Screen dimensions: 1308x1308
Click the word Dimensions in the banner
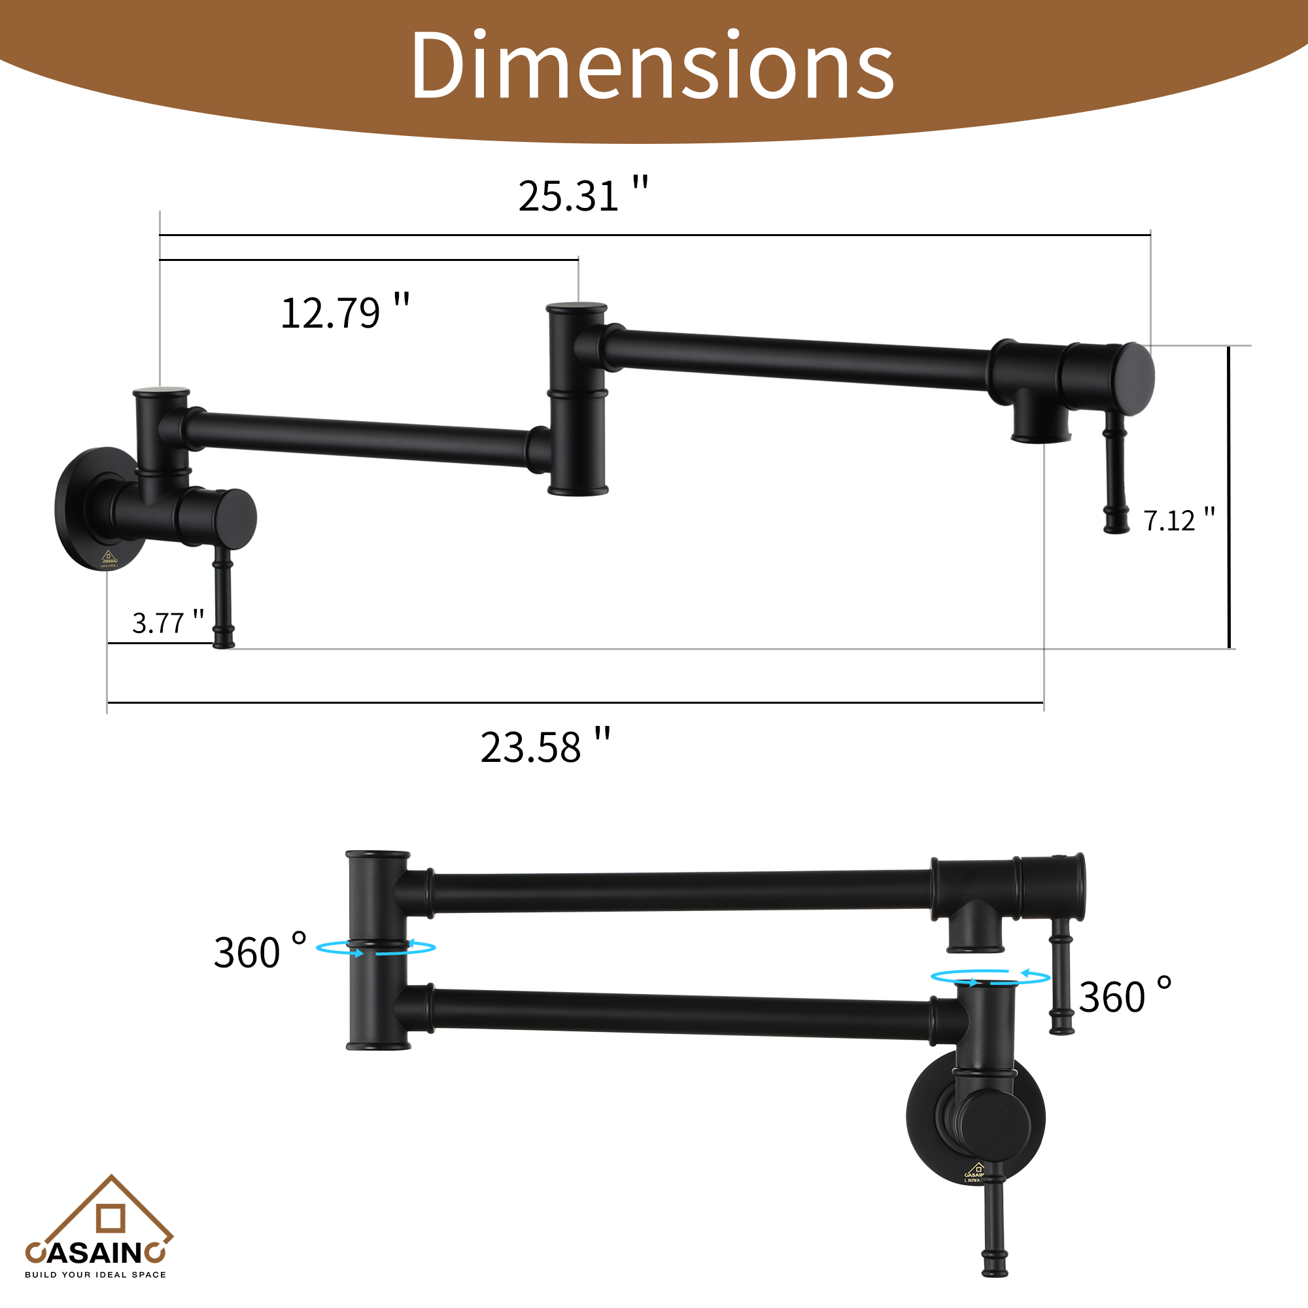pyautogui.click(x=652, y=66)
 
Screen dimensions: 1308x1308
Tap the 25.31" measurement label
pyautogui.click(x=583, y=196)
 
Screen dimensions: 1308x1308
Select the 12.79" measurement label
pyautogui.click(x=345, y=313)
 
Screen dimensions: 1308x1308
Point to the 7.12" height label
pyautogui.click(x=1179, y=520)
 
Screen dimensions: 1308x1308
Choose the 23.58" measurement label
pyautogui.click(x=545, y=748)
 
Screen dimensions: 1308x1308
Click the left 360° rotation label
pyautogui.click(x=260, y=952)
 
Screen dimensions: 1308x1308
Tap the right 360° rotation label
pyautogui.click(x=1124, y=996)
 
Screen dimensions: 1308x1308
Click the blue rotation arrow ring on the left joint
pyautogui.click(x=376, y=948)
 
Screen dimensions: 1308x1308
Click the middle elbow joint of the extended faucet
pyautogui.click(x=577, y=400)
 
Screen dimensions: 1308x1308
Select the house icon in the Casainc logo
pyautogui.click(x=111, y=1216)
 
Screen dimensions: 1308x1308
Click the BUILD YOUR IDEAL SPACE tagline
pyautogui.click(x=95, y=1275)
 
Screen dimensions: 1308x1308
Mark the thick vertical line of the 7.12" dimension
pyautogui.click(x=1229, y=497)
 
